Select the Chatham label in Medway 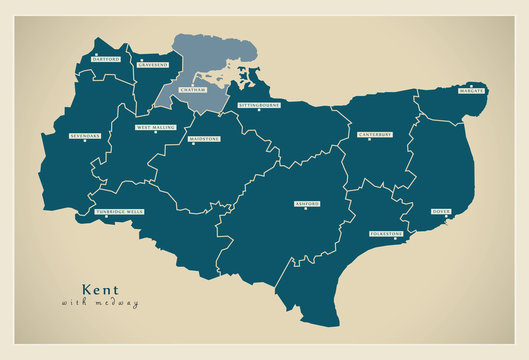[192, 90]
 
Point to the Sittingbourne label [259, 103]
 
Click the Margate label [471, 91]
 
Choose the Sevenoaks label [85, 134]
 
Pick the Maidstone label [204, 139]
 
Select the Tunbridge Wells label [119, 212]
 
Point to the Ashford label [307, 203]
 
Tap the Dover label [441, 211]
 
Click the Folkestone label [387, 234]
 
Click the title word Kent [99, 289]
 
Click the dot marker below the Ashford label [307, 210]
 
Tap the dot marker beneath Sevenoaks [85, 141]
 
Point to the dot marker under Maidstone [204, 146]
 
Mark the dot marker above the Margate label [471, 85]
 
